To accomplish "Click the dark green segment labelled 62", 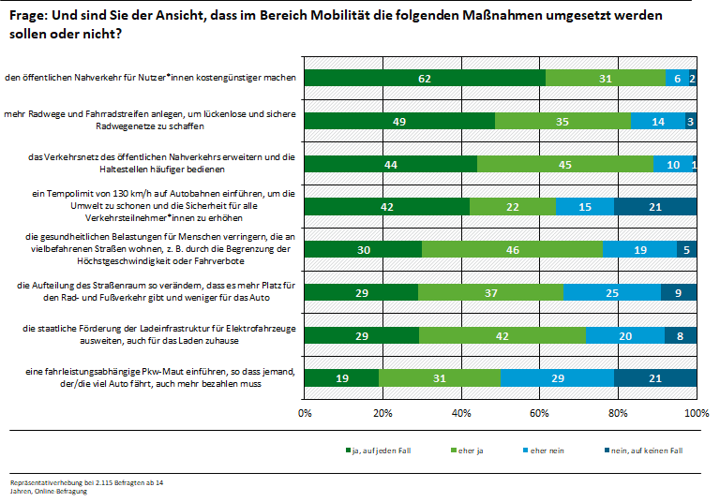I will pyautogui.click(x=425, y=79).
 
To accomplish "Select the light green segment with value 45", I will pyautogui.click(x=564, y=164).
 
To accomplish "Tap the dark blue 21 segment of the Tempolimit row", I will pyautogui.click(x=655, y=206).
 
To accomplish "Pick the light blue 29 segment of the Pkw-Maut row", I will pyautogui.click(x=557, y=377).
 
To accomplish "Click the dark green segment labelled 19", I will pyautogui.click(x=341, y=377).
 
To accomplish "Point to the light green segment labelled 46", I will pyautogui.click(x=512, y=249).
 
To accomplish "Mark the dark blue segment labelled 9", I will pyautogui.click(x=679, y=292).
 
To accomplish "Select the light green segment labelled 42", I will pyautogui.click(x=501, y=334).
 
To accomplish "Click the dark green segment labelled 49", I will pyautogui.click(x=400, y=121).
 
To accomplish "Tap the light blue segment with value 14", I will pyautogui.click(x=658, y=121).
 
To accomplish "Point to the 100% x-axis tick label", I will pyautogui.click(x=696, y=412).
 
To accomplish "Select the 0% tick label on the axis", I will pyautogui.click(x=305, y=412).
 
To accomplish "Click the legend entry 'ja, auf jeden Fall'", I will pyautogui.click(x=377, y=451).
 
